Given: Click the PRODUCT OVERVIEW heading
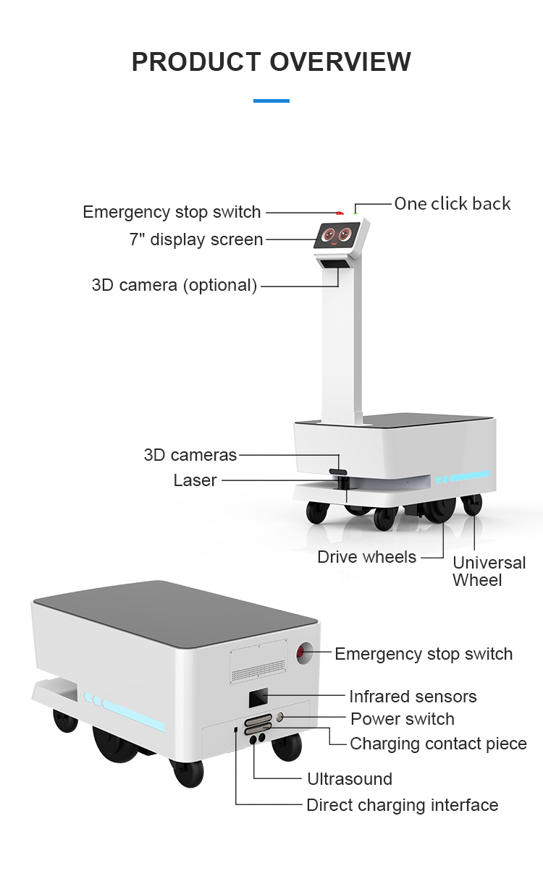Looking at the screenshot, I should click(x=271, y=61).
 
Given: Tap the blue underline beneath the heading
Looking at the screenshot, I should click(x=271, y=101).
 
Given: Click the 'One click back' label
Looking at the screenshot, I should click(x=452, y=204).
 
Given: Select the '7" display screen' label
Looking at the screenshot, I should click(x=196, y=239).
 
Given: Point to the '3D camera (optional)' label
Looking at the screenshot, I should click(x=174, y=285).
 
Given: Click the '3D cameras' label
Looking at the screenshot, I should click(x=190, y=455).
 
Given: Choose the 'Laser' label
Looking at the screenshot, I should click(x=195, y=480).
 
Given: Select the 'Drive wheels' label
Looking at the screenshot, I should click(x=367, y=557).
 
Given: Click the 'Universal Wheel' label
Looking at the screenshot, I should click(x=489, y=571).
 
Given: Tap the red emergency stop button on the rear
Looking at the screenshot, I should click(x=303, y=654).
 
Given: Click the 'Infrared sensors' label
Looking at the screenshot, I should click(x=413, y=697).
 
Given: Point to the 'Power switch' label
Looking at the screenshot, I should click(x=403, y=719).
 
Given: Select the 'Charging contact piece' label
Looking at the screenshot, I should click(x=438, y=744).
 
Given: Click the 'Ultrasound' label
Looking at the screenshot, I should click(x=350, y=779).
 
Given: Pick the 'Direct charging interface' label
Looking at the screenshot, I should click(x=402, y=805).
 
